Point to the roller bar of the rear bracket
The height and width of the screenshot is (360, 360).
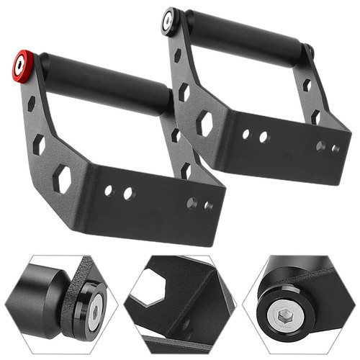240,40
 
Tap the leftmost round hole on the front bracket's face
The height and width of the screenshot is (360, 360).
108,191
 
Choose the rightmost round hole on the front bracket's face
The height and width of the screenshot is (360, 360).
208,206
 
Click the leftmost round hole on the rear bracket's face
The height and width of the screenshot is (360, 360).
246,134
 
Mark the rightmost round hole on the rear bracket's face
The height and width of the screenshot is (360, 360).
336,148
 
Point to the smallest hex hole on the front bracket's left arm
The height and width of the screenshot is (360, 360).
32,104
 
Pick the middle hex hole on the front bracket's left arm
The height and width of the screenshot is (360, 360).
40,144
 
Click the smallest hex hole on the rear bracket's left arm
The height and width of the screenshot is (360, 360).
177,55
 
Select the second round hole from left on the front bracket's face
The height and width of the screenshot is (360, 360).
128,194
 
